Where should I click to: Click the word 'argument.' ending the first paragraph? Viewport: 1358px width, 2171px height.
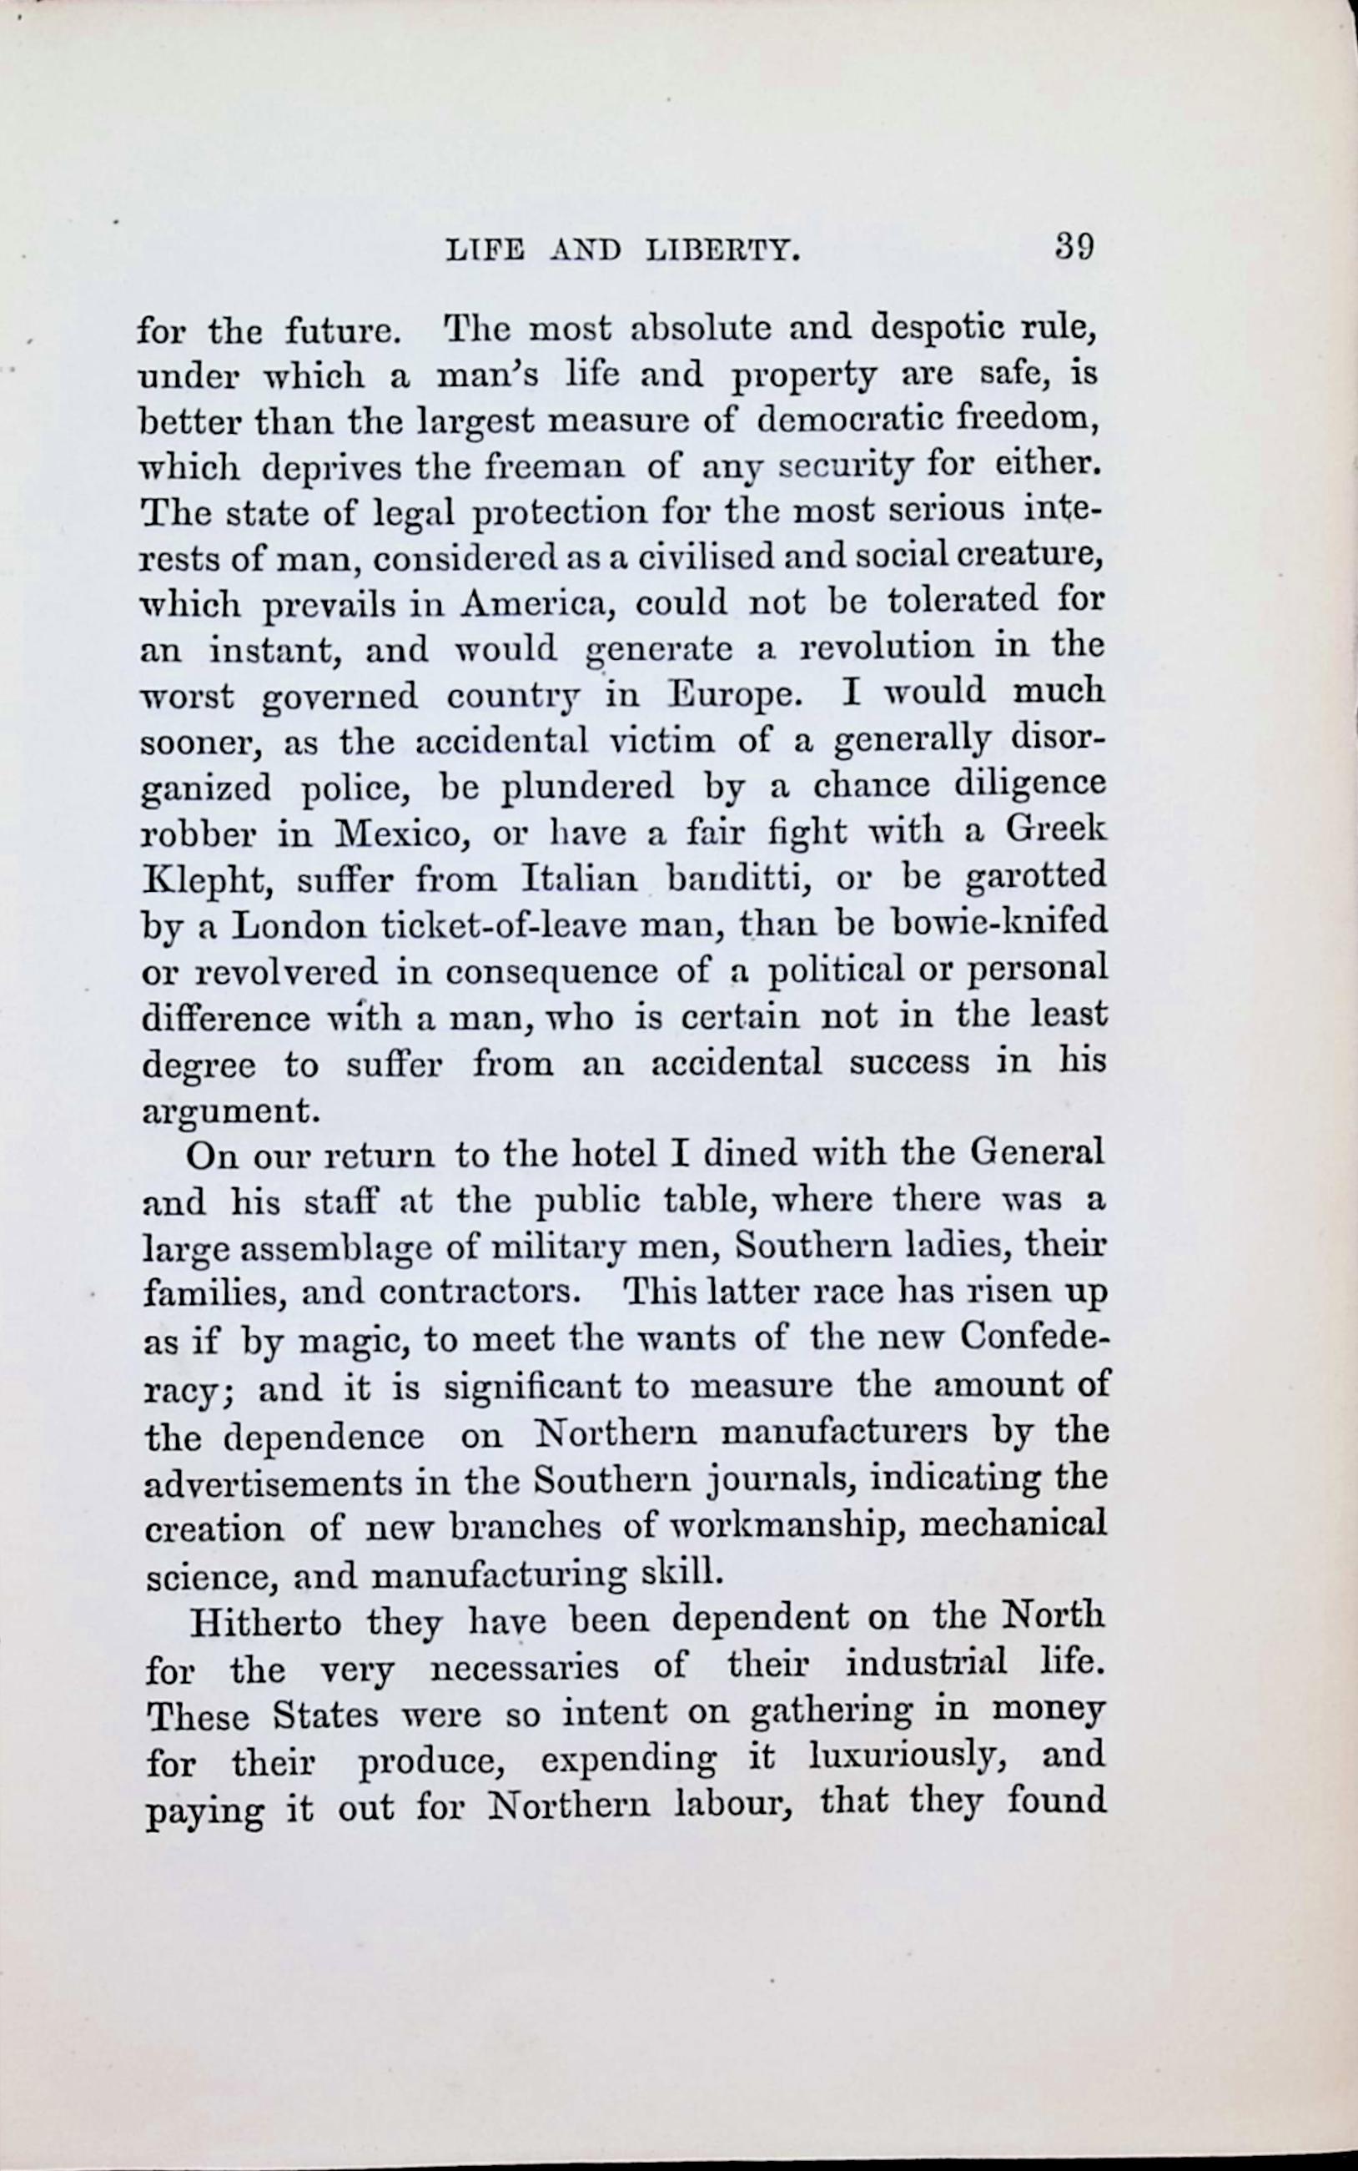click(232, 1113)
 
